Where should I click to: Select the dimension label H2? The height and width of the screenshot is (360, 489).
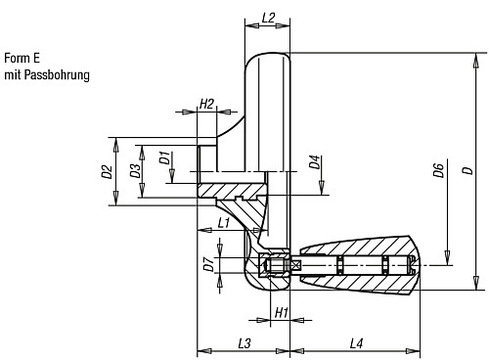pyautogui.click(x=206, y=104)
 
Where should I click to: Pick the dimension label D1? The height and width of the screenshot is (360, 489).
pyautogui.click(x=165, y=158)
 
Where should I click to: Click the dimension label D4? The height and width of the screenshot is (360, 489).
pyautogui.click(x=315, y=162)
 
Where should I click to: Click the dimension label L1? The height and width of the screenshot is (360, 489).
pyautogui.click(x=224, y=224)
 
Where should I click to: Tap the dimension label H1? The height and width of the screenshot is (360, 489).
pyautogui.click(x=281, y=312)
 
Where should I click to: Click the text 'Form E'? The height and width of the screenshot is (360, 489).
pyautogui.click(x=22, y=58)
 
